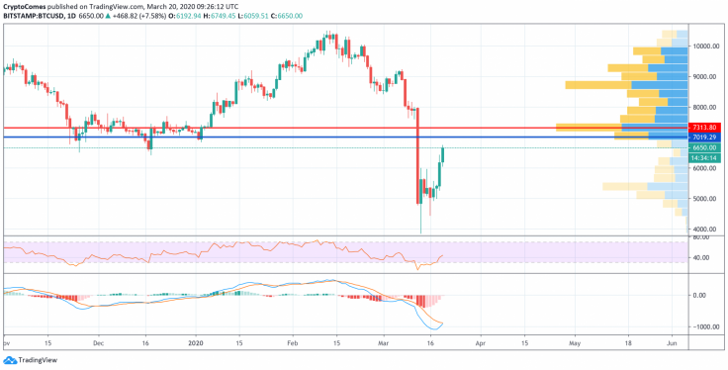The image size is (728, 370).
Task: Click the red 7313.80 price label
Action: pyautogui.click(x=704, y=128)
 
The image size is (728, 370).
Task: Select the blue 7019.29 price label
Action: pyautogui.click(x=704, y=137)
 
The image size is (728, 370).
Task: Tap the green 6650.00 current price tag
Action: pyautogui.click(x=704, y=146)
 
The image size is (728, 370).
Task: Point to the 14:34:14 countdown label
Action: pyautogui.click(x=704, y=156)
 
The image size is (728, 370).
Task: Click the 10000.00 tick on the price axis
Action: pyautogui.click(x=705, y=46)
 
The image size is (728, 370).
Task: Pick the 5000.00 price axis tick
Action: pyautogui.click(x=703, y=199)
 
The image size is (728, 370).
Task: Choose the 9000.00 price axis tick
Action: pyautogui.click(x=703, y=76)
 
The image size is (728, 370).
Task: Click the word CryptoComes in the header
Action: pyautogui.click(x=30, y=5)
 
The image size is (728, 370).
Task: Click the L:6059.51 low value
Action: pyautogui.click(x=285, y=17)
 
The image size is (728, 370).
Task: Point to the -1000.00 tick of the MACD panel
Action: pyautogui.click(x=704, y=326)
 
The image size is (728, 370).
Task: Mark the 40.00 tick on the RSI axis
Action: pyautogui.click(x=702, y=258)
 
